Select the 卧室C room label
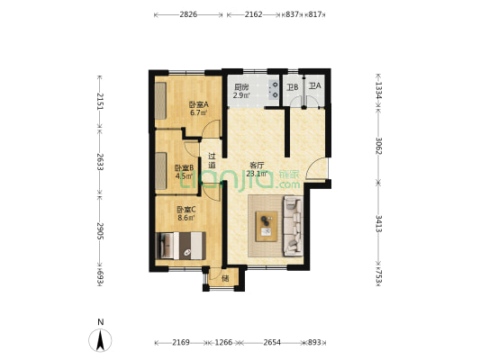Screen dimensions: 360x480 point(187,212)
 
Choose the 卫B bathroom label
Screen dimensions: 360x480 point(292,87)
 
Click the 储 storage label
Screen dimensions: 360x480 point(224,278)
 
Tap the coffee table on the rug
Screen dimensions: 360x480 point(267,222)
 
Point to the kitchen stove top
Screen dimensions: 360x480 point(269,88)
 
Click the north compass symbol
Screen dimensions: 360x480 point(101,339)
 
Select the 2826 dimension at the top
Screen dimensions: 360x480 point(188,15)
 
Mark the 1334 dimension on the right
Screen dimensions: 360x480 point(380,89)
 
